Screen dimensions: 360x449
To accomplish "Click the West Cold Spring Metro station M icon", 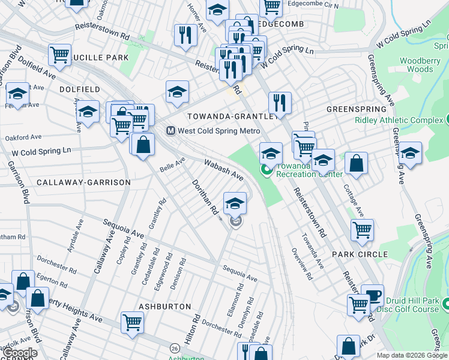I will pyautogui.click(x=170, y=131).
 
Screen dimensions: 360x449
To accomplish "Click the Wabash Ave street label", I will pyautogui.click(x=223, y=170).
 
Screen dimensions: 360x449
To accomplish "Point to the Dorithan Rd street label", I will pyautogui.click(x=205, y=199).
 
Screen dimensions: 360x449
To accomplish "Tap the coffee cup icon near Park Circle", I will pyautogui.click(x=372, y=295).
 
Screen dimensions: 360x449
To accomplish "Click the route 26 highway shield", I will pyautogui.click(x=175, y=347).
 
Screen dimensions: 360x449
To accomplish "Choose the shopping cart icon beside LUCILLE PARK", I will pyautogui.click(x=59, y=55).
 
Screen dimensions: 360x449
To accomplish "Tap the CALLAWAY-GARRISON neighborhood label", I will pyautogui.click(x=83, y=182).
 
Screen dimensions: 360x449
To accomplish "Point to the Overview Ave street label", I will pyautogui.click(x=303, y=265).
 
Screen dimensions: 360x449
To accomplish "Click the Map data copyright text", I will pyautogui.click(x=411, y=355).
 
